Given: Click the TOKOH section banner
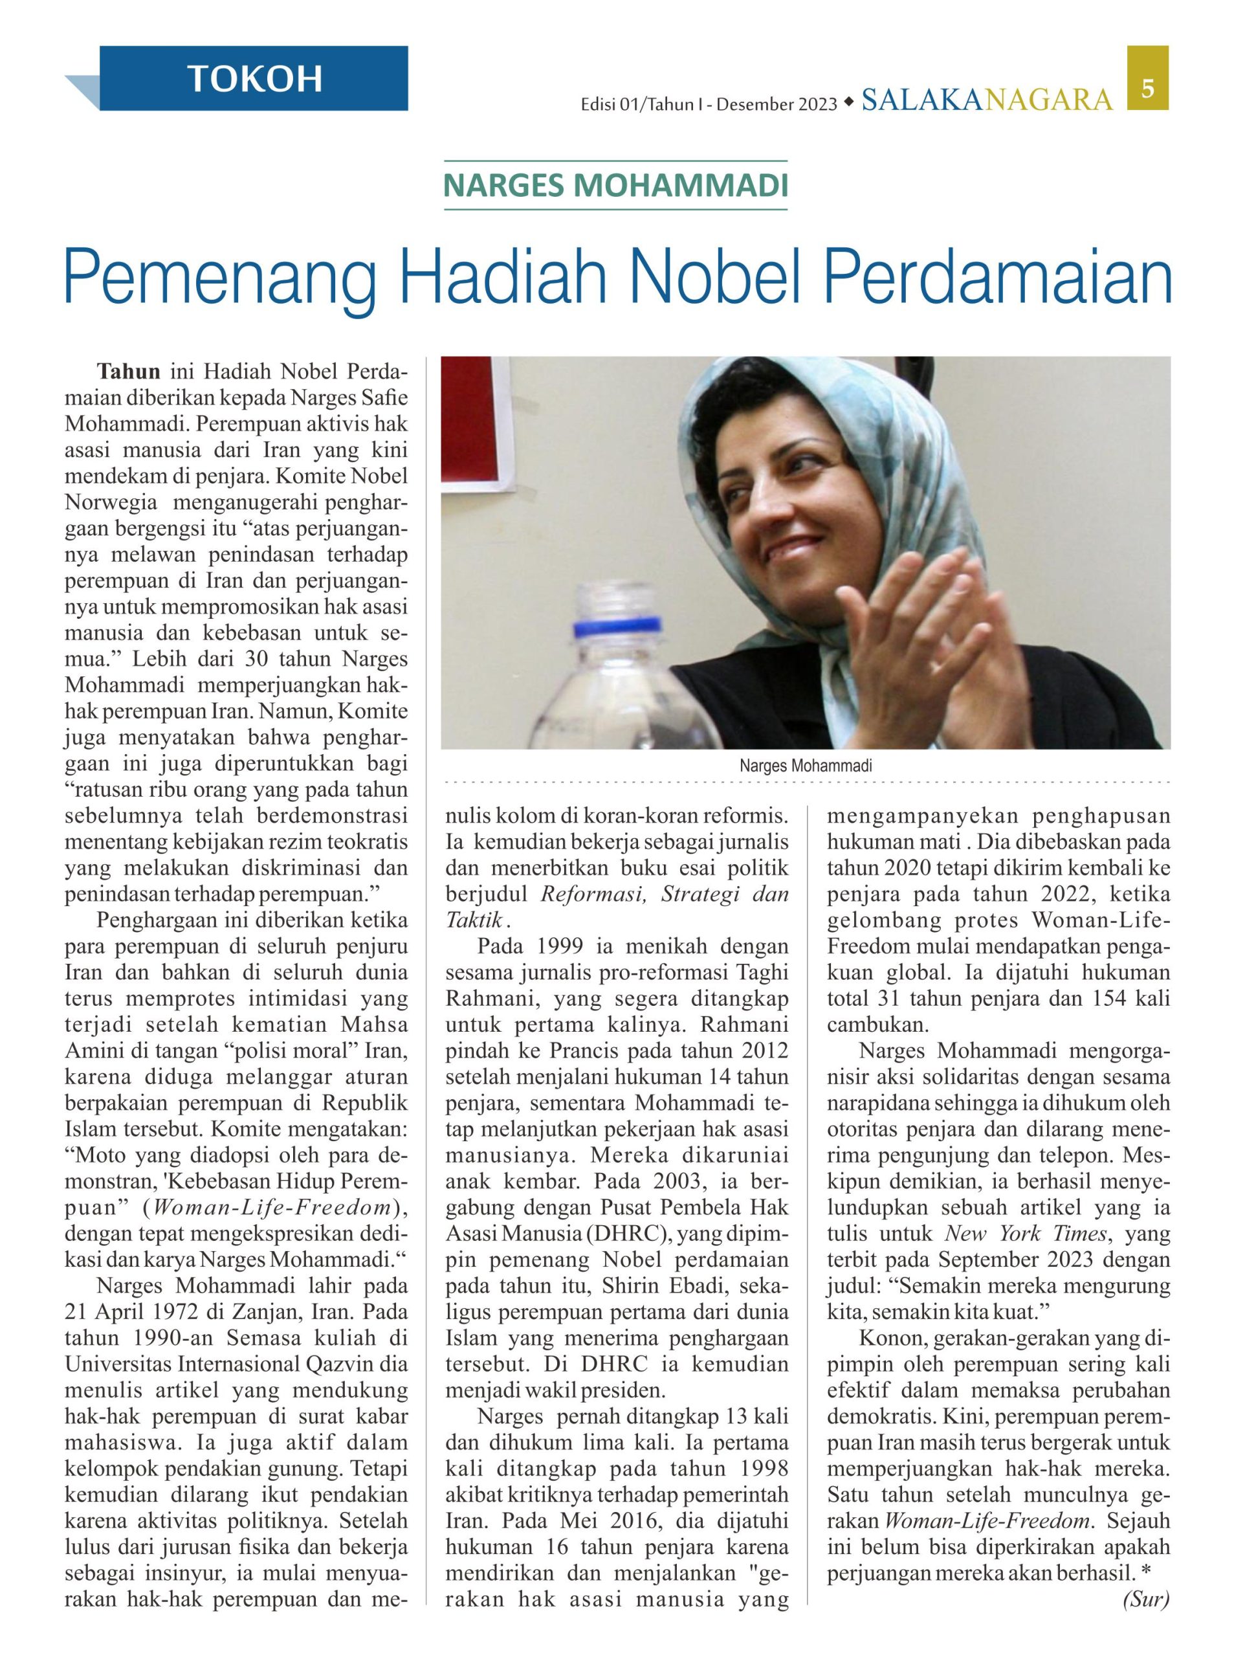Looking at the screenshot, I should [x=254, y=78].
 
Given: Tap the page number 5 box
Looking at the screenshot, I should [x=1147, y=88].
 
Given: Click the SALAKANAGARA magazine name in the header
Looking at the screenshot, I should [x=986, y=100].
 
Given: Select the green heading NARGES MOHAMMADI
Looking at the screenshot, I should [x=615, y=185].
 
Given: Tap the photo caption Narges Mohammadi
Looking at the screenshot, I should [x=805, y=766].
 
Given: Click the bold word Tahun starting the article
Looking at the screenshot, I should [x=129, y=372].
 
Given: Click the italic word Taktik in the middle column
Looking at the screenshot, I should [x=474, y=920].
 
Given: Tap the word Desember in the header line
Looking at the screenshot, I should [x=756, y=106].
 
